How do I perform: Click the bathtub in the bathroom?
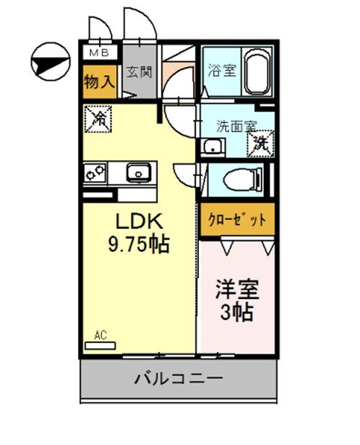click(257, 72)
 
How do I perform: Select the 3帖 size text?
click(236, 314)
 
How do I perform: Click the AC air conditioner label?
click(100, 334)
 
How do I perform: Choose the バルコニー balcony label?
click(178, 377)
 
